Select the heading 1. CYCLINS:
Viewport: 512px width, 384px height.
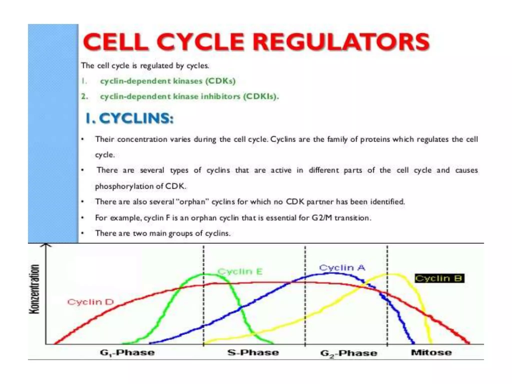pos(129,118)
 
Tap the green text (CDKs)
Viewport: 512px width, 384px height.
pos(220,81)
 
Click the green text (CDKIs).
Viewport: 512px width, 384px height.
pos(261,96)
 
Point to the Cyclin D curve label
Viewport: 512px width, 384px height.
pos(90,302)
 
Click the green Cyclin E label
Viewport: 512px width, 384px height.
pos(240,271)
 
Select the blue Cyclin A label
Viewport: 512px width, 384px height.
pos(342,268)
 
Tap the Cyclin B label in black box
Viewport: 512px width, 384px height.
pos(439,278)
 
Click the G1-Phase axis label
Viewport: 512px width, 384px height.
pos(127,353)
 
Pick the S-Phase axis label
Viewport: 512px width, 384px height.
pos(253,353)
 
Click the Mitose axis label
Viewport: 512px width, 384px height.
pos(431,353)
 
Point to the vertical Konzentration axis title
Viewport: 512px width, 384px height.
pos(34,289)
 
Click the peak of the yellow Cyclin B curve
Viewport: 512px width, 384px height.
pos(392,274)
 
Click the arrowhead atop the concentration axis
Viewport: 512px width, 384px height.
pos(45,245)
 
